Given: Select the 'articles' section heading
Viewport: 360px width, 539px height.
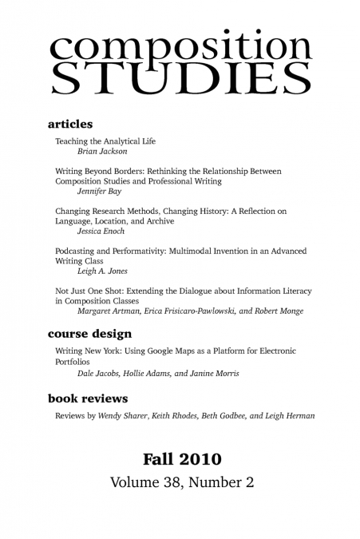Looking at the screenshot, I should pyautogui.click(x=70, y=125).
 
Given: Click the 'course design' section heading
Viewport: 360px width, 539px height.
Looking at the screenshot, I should pyautogui.click(x=89, y=334).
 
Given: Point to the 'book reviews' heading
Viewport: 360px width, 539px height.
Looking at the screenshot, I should pyautogui.click(x=87, y=398).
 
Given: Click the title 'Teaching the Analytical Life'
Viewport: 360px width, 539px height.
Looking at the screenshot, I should pyautogui.click(x=105, y=141).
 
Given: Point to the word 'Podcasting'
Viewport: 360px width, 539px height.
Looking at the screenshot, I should pyautogui.click(x=77, y=252).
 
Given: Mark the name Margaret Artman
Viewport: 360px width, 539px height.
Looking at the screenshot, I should pyautogui.click(x=107, y=311).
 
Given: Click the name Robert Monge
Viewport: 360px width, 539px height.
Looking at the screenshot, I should pyautogui.click(x=279, y=311).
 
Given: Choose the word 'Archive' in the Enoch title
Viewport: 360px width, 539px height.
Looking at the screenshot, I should pyautogui.click(x=158, y=221).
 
